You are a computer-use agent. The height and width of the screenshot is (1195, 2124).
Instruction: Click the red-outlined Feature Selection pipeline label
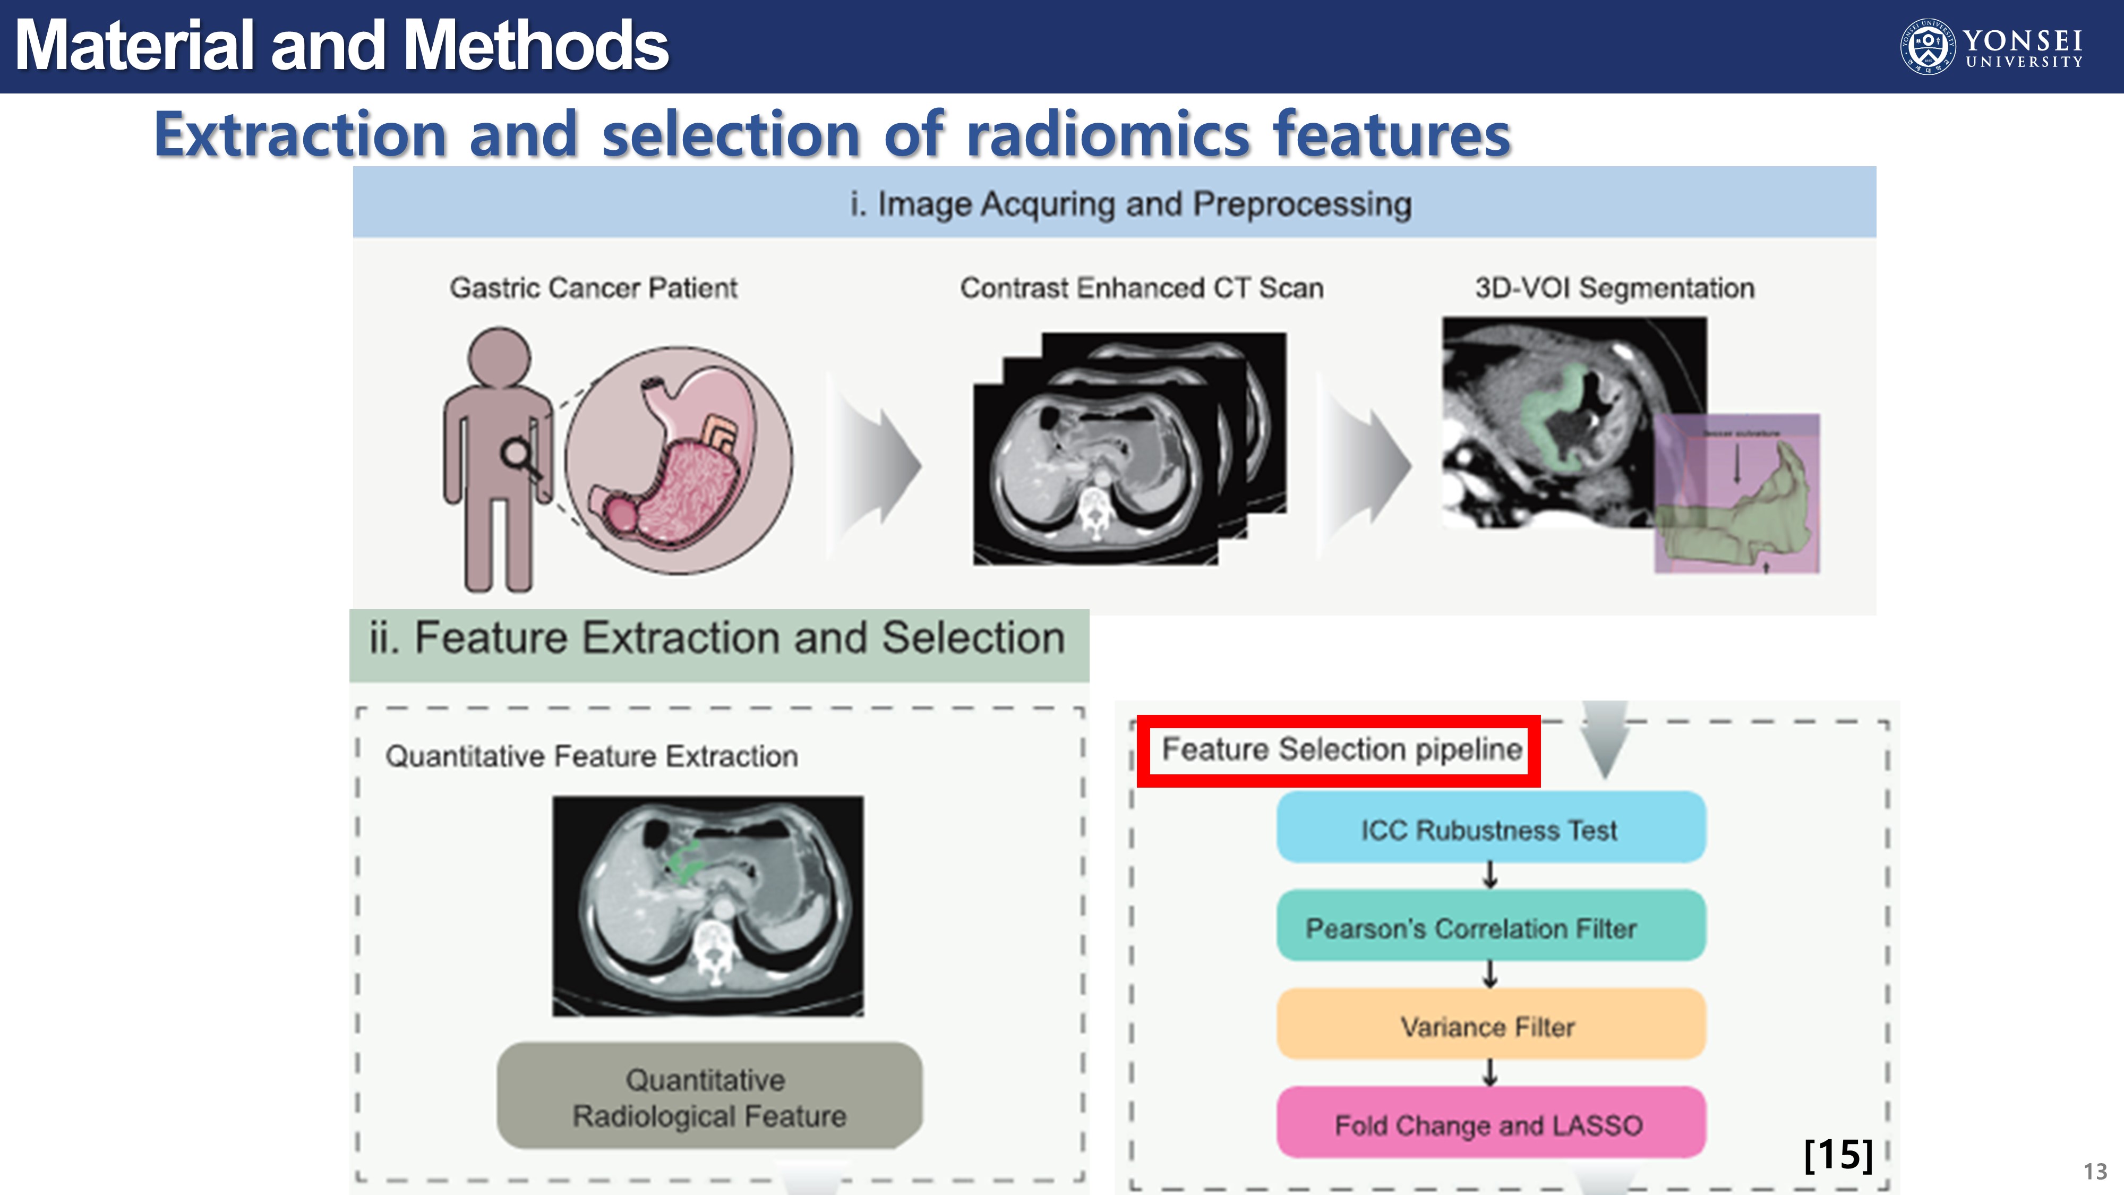click(x=1339, y=749)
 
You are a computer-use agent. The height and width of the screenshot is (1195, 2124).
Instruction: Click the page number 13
click(x=2094, y=1171)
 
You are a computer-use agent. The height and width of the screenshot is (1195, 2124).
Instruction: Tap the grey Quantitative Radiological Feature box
click(x=709, y=1096)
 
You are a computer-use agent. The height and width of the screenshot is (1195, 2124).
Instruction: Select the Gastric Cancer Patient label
click(x=593, y=288)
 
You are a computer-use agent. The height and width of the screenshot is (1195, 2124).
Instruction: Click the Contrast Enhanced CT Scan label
click(x=1141, y=288)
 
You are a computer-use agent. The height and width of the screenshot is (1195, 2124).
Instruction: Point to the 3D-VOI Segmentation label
click(x=1614, y=288)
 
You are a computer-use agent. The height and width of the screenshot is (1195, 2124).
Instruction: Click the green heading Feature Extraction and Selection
click(x=717, y=638)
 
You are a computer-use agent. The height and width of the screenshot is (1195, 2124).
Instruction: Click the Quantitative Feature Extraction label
click(x=591, y=755)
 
